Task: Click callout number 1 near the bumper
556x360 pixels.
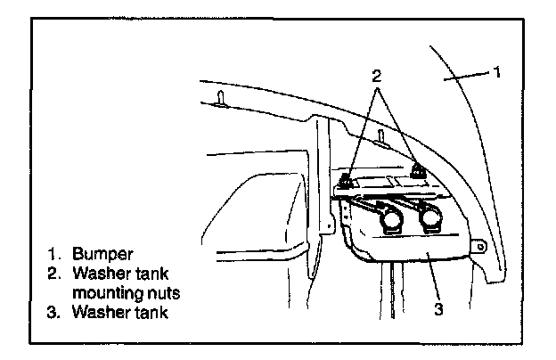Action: [497, 70]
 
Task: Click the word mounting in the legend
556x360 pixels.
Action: [119, 291]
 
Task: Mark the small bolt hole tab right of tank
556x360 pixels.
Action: [480, 242]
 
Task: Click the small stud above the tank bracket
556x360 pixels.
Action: [381, 136]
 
